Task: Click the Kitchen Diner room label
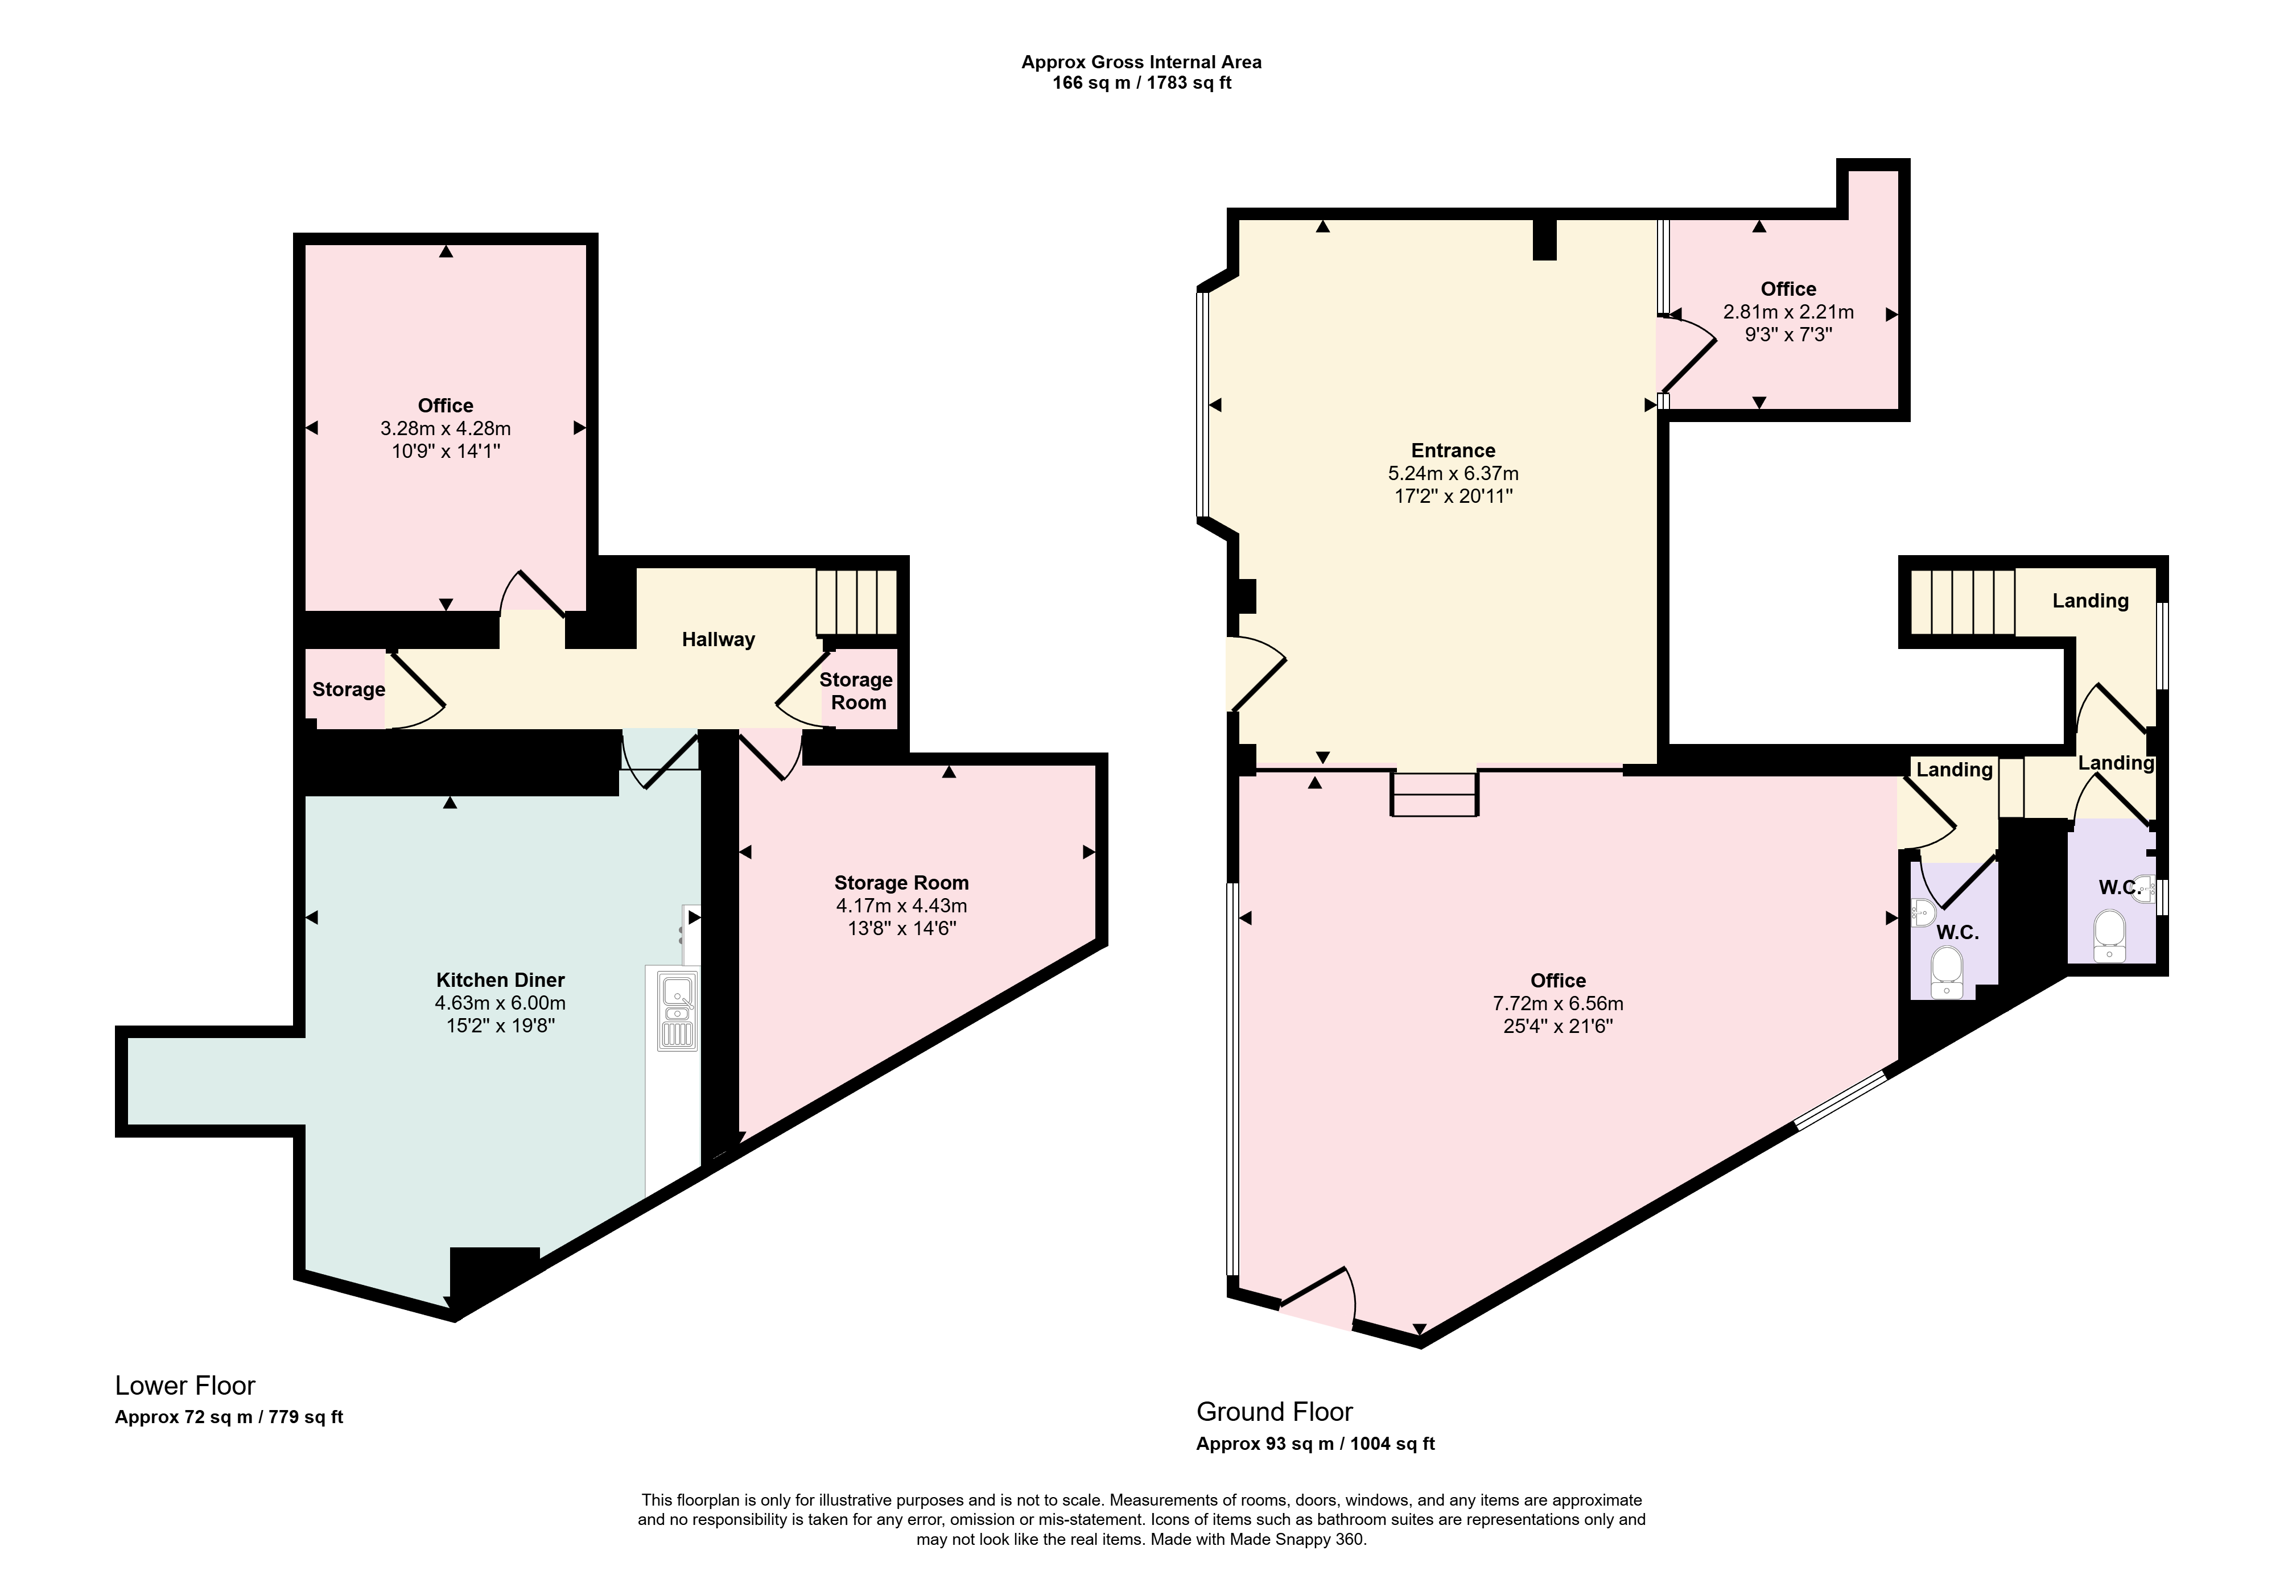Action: (x=500, y=980)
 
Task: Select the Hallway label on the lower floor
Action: (x=719, y=639)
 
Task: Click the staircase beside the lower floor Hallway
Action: (x=857, y=602)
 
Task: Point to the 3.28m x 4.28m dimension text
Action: (x=446, y=428)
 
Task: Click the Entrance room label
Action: (x=1453, y=451)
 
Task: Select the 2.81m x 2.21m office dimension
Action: (x=1788, y=312)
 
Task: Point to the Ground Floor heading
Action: (x=1274, y=1412)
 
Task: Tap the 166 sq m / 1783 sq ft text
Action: (x=1142, y=83)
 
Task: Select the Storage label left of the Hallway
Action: (x=348, y=690)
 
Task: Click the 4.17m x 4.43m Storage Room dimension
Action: (x=901, y=906)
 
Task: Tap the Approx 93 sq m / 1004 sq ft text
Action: (x=1316, y=1444)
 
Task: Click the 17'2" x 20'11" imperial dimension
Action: (x=1453, y=497)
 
